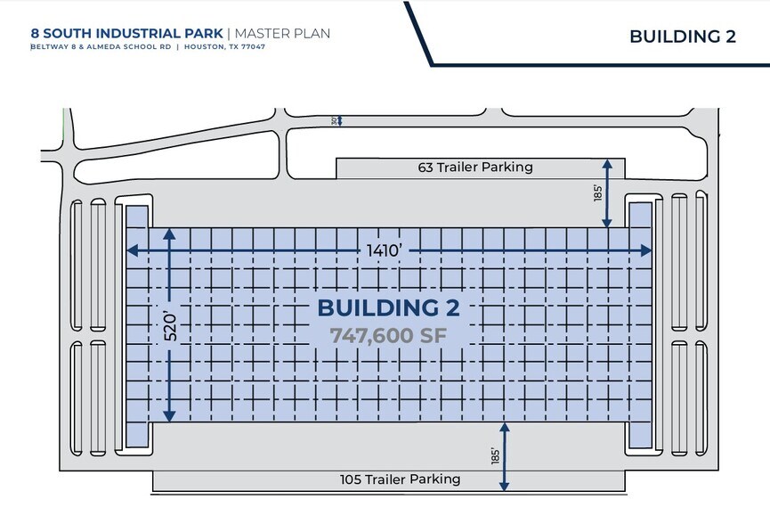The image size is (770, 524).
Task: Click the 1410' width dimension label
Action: coord(385,250)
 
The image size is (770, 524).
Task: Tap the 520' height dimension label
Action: coord(170,326)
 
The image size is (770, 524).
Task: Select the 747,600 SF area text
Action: coord(388,336)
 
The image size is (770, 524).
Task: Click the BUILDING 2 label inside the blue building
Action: coord(388,308)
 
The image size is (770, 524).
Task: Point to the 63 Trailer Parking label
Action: coord(475,168)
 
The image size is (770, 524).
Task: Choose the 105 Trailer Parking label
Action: coord(401,479)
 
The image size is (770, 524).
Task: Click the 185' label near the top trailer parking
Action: coord(597,192)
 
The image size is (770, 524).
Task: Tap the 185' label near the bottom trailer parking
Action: coord(495,455)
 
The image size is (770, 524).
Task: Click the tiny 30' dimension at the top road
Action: coord(334,121)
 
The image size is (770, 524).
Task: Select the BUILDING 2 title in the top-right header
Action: coord(683,37)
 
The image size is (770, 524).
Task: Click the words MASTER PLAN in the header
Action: coord(282,34)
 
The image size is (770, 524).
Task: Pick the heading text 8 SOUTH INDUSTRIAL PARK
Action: coord(126,34)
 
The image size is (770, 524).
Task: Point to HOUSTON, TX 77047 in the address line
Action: coord(224,47)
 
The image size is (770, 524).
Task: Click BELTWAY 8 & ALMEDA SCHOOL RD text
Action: coord(101,47)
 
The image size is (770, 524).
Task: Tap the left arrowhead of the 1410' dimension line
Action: coord(132,250)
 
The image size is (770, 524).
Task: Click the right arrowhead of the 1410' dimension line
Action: coord(646,250)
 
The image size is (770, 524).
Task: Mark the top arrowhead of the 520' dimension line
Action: coord(169,233)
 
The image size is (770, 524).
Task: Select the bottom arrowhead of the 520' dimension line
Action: coord(169,416)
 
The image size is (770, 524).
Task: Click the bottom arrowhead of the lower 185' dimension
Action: coord(505,486)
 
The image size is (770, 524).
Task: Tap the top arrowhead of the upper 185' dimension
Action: coord(607,164)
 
